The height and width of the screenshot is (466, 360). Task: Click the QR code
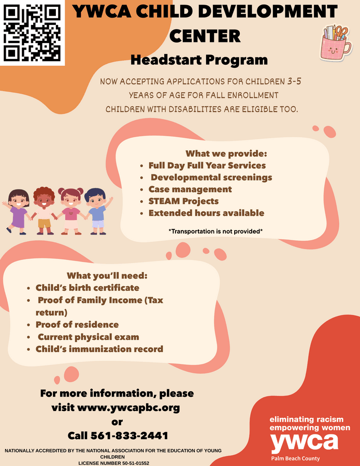(32, 33)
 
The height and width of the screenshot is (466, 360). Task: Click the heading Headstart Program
(199, 60)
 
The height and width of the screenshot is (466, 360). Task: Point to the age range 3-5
(294, 81)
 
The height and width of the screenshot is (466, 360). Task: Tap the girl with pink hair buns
(71, 211)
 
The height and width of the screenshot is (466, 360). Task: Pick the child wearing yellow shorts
(44, 211)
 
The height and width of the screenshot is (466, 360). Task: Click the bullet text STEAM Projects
(183, 201)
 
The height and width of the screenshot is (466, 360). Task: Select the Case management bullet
(190, 190)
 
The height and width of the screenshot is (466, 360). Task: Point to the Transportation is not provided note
(216, 231)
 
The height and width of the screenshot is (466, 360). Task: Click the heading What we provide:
(226, 154)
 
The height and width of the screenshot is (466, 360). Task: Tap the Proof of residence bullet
(77, 325)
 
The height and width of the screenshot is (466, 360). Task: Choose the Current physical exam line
(88, 337)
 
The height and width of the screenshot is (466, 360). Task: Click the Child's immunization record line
(99, 349)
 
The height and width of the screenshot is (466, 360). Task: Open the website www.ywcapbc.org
(128, 407)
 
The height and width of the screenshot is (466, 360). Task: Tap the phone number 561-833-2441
(129, 435)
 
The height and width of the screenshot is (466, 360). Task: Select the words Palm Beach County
(295, 459)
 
